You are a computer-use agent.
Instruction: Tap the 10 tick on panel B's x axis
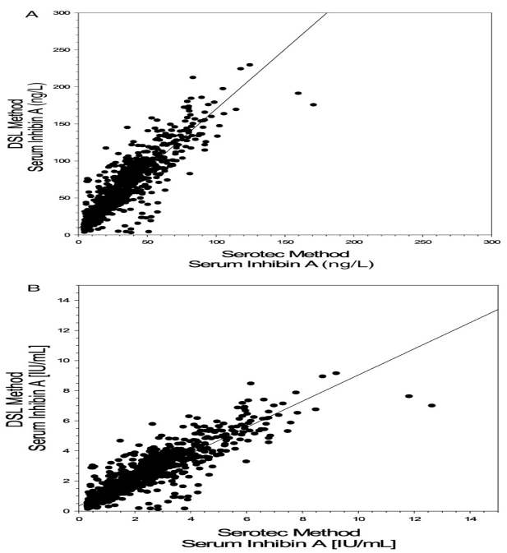point(359,518)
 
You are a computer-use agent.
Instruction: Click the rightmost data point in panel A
point(313,104)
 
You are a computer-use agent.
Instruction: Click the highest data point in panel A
point(250,65)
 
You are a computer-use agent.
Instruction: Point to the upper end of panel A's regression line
point(327,13)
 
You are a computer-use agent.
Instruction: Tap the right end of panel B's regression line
point(498,310)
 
